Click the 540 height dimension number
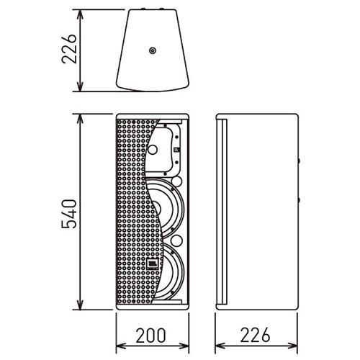pos(69,214)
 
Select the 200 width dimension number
pos(150,335)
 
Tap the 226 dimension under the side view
pos(255,335)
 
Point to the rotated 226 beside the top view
pos(69,49)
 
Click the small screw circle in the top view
pos(153,50)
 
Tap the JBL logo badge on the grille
pos(152,264)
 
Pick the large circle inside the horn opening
pos(153,150)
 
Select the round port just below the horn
pos(176,181)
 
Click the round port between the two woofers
pos(176,240)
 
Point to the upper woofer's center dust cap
pos(157,207)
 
